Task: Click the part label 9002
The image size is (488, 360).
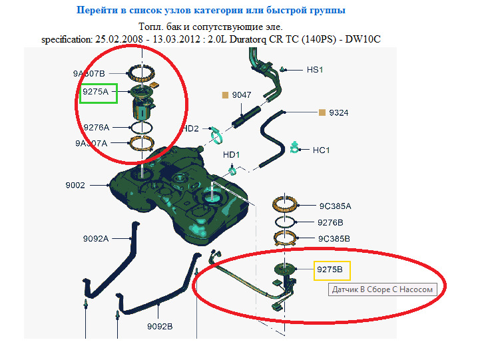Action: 75,186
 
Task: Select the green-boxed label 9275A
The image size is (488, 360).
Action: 99,93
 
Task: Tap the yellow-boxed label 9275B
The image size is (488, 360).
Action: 332,270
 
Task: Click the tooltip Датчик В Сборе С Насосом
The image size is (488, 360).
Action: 383,289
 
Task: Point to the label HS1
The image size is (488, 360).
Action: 315,70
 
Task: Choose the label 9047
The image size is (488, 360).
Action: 242,95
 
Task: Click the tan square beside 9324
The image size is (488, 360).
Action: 322,112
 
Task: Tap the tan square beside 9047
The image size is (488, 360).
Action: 225,95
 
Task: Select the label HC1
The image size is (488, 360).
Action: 321,150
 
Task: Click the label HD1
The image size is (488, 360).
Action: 231,154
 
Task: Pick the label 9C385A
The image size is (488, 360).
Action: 335,206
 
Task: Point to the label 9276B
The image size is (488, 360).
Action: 330,222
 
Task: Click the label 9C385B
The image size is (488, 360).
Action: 334,239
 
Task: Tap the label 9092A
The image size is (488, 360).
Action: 96,239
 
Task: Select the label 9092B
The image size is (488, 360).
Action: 160,327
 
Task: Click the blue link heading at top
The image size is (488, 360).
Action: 211,10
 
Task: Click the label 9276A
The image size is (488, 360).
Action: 97,128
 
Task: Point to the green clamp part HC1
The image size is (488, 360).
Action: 294,147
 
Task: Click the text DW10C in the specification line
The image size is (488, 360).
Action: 363,39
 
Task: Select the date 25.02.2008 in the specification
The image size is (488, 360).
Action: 119,39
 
